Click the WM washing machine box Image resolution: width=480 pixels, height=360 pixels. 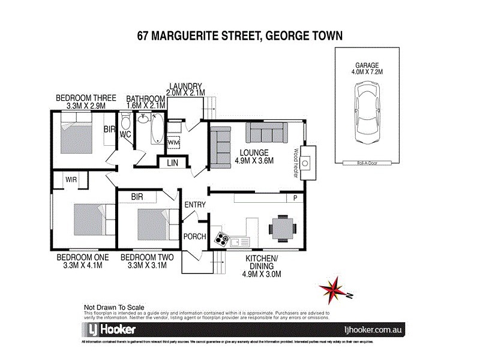[173, 142]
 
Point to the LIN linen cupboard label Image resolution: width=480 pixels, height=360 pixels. [172, 163]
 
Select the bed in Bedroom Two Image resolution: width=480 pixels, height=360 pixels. [148, 224]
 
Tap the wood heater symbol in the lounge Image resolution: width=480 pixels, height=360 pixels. [307, 162]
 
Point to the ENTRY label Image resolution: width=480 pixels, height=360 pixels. [195, 205]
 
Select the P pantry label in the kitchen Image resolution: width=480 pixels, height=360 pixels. [295, 198]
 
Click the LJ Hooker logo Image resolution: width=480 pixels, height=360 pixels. [109, 329]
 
